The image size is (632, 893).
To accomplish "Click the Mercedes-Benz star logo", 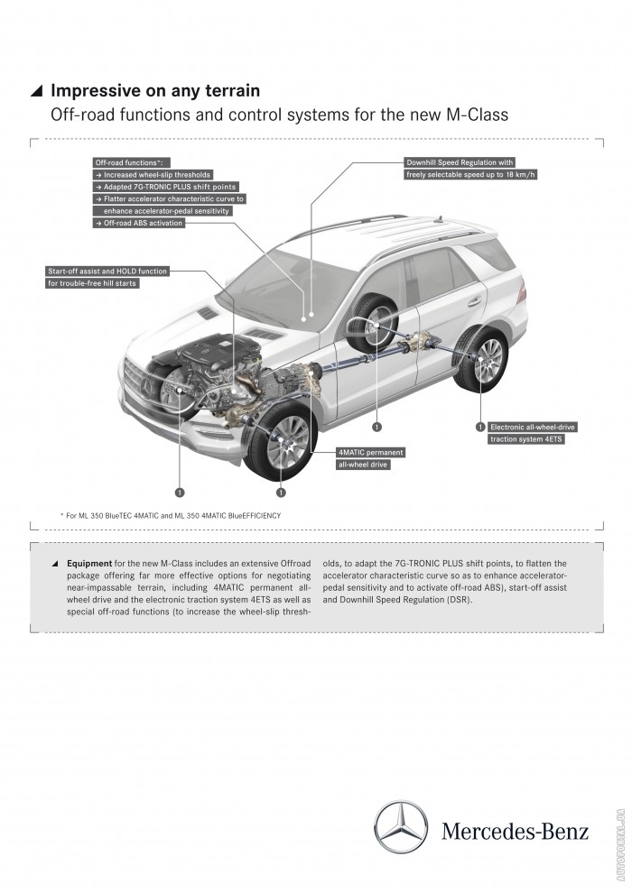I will tap(401, 828).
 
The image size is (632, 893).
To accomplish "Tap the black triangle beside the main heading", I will tap(36, 91).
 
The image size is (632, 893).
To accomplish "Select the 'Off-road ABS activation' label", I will tap(139, 223).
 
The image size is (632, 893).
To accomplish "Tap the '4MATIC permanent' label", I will tap(371, 451).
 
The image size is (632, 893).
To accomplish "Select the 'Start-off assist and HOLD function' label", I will tap(107, 271).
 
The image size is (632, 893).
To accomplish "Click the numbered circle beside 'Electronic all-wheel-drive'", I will tap(480, 426).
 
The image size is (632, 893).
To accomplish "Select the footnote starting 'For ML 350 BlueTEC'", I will tap(171, 515).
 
